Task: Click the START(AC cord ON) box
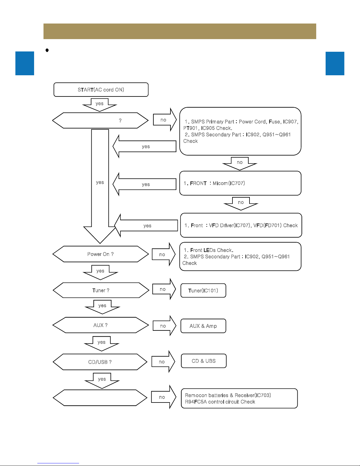point(101,90)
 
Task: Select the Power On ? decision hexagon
point(101,254)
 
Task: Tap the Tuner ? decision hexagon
point(101,290)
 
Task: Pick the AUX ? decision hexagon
point(101,325)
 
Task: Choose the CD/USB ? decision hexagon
point(100,362)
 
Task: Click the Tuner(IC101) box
point(203,290)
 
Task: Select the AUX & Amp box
point(203,326)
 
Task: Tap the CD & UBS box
point(204,361)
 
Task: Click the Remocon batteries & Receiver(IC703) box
point(239,398)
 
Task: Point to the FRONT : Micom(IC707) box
point(240,183)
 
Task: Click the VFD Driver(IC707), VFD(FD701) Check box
point(241,225)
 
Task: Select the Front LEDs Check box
point(240,256)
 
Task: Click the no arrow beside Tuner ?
point(164,289)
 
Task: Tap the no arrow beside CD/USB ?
point(163,362)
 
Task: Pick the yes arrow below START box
point(100,105)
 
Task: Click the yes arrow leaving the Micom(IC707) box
point(144,184)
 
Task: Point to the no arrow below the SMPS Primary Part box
point(240,164)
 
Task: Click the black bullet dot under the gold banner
point(47,50)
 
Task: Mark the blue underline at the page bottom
point(58,463)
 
